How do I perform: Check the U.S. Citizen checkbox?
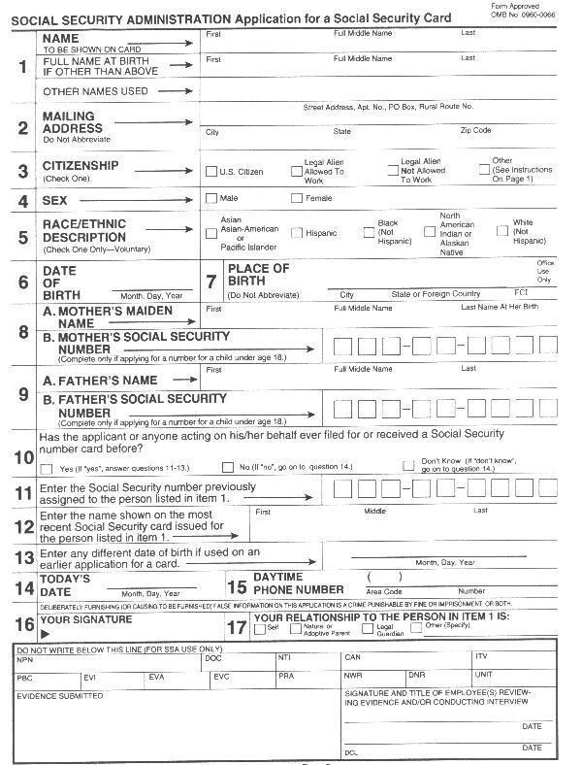tap(210, 172)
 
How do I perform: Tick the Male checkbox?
tap(210, 199)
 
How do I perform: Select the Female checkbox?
tap(297, 199)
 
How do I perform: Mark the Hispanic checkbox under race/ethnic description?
tap(297, 234)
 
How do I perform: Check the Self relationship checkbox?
tap(258, 628)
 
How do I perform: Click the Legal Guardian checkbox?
tap(368, 628)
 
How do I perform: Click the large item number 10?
tap(23, 456)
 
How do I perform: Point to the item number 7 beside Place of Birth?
tap(211, 282)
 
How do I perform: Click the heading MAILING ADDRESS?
tap(73, 122)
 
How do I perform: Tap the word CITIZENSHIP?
tap(81, 165)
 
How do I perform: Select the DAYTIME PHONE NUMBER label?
tap(298, 582)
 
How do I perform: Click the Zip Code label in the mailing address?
tap(475, 130)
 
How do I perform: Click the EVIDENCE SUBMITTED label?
tap(60, 695)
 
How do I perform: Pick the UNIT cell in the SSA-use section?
tap(484, 675)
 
